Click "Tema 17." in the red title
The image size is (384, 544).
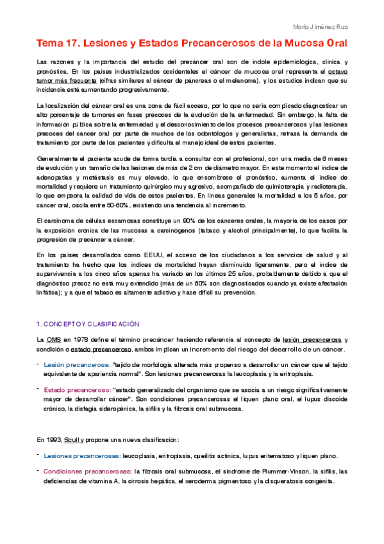(x=56, y=44)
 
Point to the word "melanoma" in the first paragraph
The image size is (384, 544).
(x=241, y=80)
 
